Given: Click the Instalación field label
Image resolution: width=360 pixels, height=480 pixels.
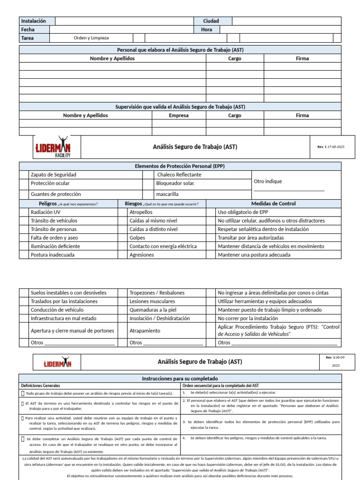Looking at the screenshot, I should pos(34,21).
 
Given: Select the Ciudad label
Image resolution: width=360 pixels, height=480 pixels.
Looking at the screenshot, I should pos(210,21).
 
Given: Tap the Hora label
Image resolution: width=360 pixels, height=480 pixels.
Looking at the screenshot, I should pos(206,30).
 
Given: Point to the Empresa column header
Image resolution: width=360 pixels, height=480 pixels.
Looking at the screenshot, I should pos(179,115).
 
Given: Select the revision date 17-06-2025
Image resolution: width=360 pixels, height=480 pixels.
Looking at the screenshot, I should pos(335,147).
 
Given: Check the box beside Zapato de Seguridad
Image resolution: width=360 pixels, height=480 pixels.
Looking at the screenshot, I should pos(24,174).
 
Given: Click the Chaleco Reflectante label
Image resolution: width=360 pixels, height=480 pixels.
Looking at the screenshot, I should pos(179,174).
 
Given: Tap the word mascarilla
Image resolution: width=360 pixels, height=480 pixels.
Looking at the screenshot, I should pos(167,194).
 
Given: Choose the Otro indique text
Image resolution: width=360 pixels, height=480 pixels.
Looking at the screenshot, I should pos(268,181).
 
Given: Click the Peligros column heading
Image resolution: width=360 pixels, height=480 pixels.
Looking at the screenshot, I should pos(48,204).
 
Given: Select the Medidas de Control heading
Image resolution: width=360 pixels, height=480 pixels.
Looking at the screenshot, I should pos(274,204).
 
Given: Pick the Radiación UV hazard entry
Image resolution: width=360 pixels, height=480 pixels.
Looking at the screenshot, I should pos(45,212).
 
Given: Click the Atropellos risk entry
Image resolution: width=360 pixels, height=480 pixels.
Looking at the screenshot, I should pos(141,212).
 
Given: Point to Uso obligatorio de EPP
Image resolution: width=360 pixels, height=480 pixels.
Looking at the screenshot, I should pos(243,212).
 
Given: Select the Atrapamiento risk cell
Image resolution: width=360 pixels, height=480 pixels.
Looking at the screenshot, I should pos(145,331).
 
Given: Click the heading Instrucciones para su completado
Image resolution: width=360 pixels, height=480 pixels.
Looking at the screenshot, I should pos(180,378).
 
